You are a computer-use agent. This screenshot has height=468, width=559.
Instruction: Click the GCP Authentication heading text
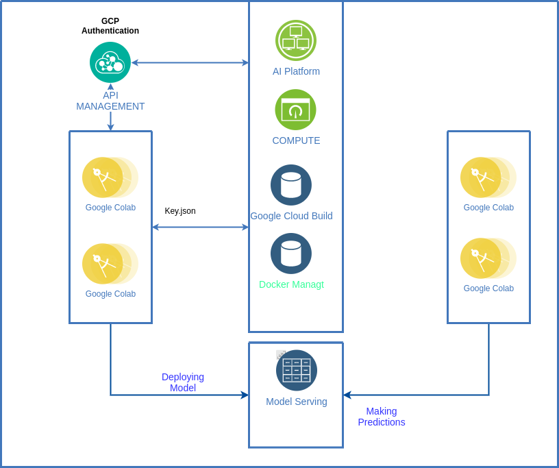(110, 26)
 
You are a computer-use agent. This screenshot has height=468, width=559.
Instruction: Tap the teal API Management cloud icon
(110, 62)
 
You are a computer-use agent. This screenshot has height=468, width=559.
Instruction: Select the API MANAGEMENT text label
(110, 101)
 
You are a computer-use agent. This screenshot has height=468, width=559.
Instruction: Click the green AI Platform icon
(295, 40)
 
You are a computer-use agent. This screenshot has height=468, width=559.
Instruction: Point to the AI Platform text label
(296, 71)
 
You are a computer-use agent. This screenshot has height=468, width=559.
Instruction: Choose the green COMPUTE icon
(295, 110)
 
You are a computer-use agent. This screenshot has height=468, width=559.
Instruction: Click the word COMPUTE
(296, 140)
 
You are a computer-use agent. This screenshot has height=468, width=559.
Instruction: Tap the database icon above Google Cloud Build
(291, 185)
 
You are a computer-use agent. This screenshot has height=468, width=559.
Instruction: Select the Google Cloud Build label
(291, 216)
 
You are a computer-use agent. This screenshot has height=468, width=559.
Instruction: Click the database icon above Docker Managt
(291, 254)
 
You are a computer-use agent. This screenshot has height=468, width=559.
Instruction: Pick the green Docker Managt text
(291, 284)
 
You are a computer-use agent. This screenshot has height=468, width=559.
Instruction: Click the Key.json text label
(180, 211)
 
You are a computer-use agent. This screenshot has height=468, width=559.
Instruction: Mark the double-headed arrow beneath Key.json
(200, 227)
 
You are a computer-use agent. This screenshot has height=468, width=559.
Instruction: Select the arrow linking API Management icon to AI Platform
(190, 62)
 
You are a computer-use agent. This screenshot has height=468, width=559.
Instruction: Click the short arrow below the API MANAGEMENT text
(110, 122)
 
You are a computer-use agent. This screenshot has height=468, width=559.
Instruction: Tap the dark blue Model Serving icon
(296, 370)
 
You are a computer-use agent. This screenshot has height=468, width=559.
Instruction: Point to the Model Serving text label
(296, 402)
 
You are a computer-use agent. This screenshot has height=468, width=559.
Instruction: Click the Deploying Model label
(183, 382)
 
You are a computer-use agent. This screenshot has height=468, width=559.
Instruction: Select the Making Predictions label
(382, 417)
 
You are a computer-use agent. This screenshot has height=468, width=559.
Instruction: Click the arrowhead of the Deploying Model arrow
(245, 395)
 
